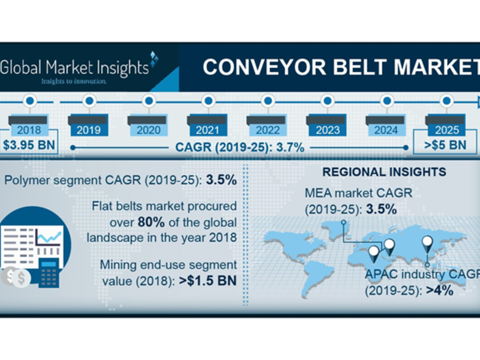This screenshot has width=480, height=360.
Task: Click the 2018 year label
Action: tap(28, 130)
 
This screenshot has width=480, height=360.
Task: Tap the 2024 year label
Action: tap(386, 130)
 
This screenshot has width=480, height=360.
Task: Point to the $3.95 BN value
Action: tap(29, 145)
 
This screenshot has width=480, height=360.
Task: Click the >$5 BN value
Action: tap(445, 145)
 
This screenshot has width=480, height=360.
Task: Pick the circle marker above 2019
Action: tap(89, 100)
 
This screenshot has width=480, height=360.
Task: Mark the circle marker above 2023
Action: tap(326, 100)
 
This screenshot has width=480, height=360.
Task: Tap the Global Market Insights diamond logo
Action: tap(154, 58)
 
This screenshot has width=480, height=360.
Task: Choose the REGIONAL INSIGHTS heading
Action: tap(384, 172)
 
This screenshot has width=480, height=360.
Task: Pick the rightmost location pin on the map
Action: tap(427, 242)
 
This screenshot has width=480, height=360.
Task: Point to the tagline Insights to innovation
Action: tap(73, 80)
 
